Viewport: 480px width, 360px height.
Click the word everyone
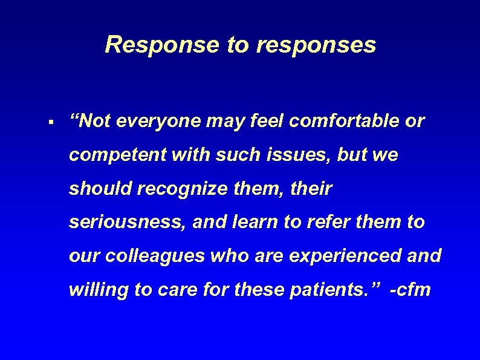(158, 122)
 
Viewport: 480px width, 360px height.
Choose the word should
(100, 189)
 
